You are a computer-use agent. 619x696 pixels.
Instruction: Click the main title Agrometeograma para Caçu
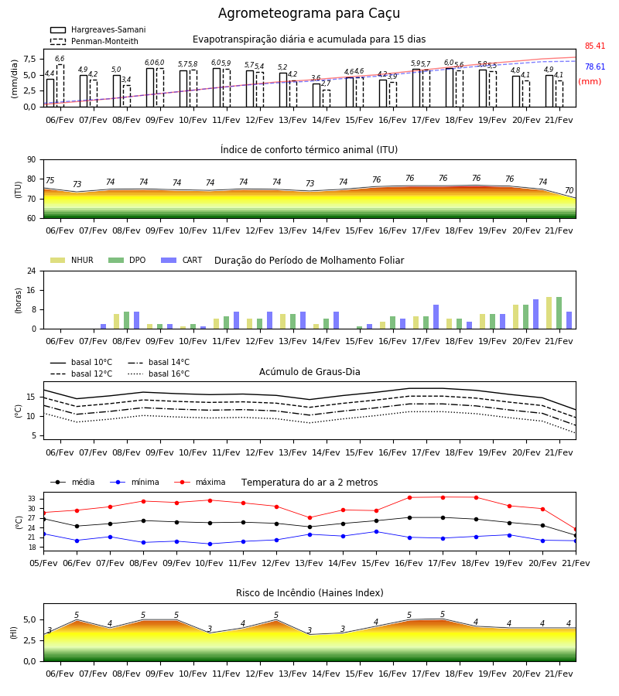(309, 13)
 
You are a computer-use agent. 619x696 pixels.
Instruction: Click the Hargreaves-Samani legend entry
(97, 29)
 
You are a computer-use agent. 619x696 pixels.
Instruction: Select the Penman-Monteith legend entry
(94, 41)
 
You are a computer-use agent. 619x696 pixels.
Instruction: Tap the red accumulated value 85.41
(595, 46)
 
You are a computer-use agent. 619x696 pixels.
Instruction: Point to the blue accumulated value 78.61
(595, 67)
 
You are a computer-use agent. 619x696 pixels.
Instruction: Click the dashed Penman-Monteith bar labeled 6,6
(60, 86)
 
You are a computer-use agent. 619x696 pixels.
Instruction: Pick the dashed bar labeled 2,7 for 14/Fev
(327, 98)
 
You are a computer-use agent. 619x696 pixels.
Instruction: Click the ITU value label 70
(569, 190)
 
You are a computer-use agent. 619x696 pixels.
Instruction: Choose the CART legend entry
(181, 260)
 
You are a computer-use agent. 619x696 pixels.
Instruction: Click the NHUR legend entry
(72, 260)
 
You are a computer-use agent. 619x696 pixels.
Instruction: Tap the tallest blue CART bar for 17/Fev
(436, 317)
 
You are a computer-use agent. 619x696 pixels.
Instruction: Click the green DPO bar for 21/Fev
(559, 313)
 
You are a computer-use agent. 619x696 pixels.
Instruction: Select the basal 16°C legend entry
(159, 374)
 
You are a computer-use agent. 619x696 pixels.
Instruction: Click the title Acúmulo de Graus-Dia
(309, 371)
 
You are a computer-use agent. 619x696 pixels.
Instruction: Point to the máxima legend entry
(200, 482)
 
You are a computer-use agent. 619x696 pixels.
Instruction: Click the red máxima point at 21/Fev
(576, 529)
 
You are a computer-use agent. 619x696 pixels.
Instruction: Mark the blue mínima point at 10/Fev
(210, 544)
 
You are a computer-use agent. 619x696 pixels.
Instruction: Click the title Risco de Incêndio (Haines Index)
(309, 592)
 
